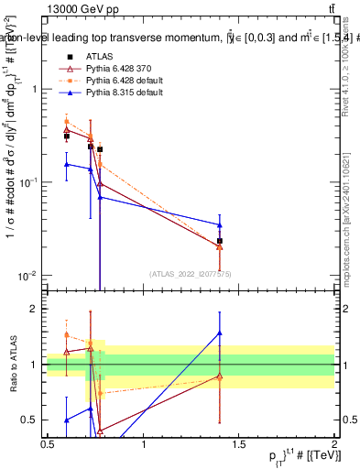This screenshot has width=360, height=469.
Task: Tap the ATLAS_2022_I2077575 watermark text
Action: [x=191, y=273]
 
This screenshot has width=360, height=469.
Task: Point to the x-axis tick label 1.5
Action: [x=239, y=444]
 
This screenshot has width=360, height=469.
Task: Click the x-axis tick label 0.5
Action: [x=48, y=444]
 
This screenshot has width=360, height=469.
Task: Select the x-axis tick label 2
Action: [x=333, y=444]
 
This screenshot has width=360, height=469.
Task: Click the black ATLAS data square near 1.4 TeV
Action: [x=220, y=241]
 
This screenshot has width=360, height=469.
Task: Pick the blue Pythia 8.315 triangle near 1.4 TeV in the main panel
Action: [x=220, y=224]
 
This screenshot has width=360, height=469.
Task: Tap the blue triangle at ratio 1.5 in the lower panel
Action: [x=220, y=333]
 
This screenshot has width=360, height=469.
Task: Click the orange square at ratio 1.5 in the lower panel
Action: [x=67, y=334]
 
